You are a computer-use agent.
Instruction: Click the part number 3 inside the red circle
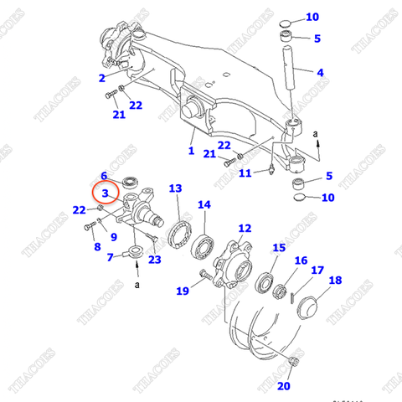click(105, 193)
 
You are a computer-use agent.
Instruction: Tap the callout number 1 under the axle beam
click(191, 152)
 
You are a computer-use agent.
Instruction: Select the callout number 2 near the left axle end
click(101, 78)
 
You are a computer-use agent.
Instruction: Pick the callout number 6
click(104, 176)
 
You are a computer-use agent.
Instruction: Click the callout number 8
click(97, 246)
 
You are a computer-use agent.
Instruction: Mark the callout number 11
click(245, 173)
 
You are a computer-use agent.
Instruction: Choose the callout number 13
click(175, 188)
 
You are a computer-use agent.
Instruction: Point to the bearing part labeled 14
click(204, 246)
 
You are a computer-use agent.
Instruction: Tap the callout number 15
click(277, 249)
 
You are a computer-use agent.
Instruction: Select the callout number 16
click(301, 261)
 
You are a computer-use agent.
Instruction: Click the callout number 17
click(317, 271)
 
